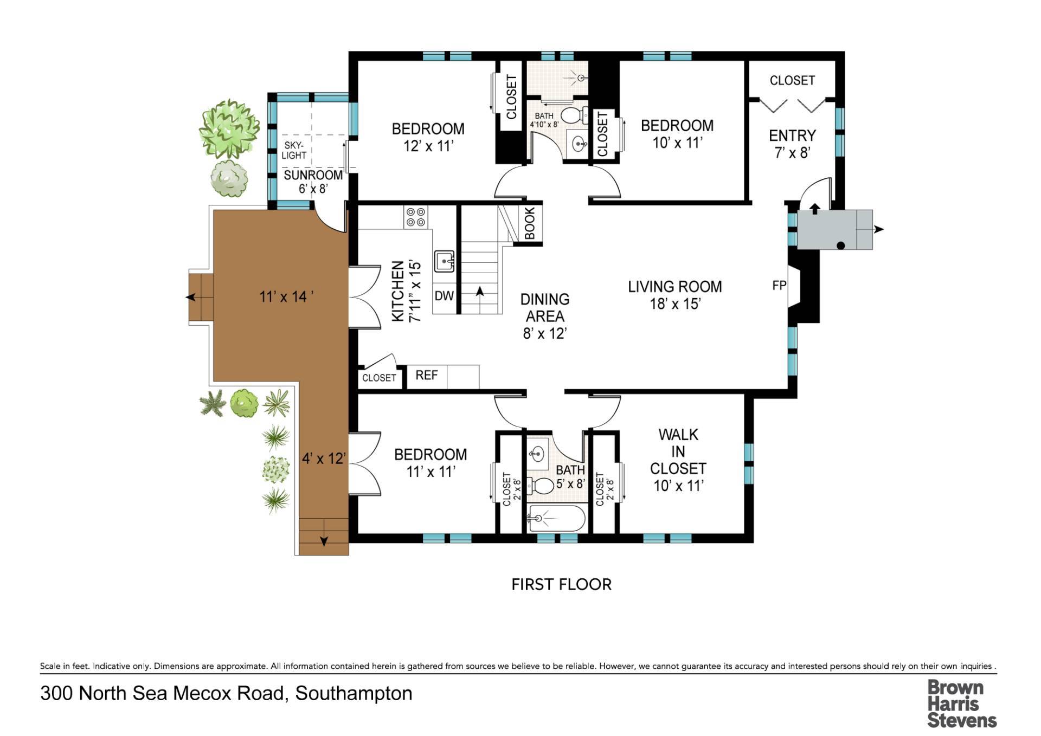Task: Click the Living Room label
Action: tap(675, 295)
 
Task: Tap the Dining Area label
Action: tap(545, 316)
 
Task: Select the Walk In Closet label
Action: tap(678, 460)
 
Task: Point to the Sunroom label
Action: tap(313, 182)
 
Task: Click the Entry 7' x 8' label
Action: tap(792, 144)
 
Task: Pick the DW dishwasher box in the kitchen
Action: tap(444, 296)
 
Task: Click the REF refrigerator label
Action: tap(427, 375)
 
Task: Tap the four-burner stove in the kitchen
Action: tap(416, 217)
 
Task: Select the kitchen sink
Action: tap(444, 261)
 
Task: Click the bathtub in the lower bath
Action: tap(556, 519)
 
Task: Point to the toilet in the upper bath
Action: tap(574, 115)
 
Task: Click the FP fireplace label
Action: tap(779, 285)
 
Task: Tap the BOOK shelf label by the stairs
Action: tap(530, 223)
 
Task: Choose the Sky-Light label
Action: tap(294, 150)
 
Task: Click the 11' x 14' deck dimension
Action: tap(286, 297)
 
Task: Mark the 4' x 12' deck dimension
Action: tap(324, 459)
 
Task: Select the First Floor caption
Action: tap(561, 584)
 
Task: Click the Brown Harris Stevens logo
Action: tap(962, 703)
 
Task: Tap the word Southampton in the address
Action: tap(354, 694)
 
